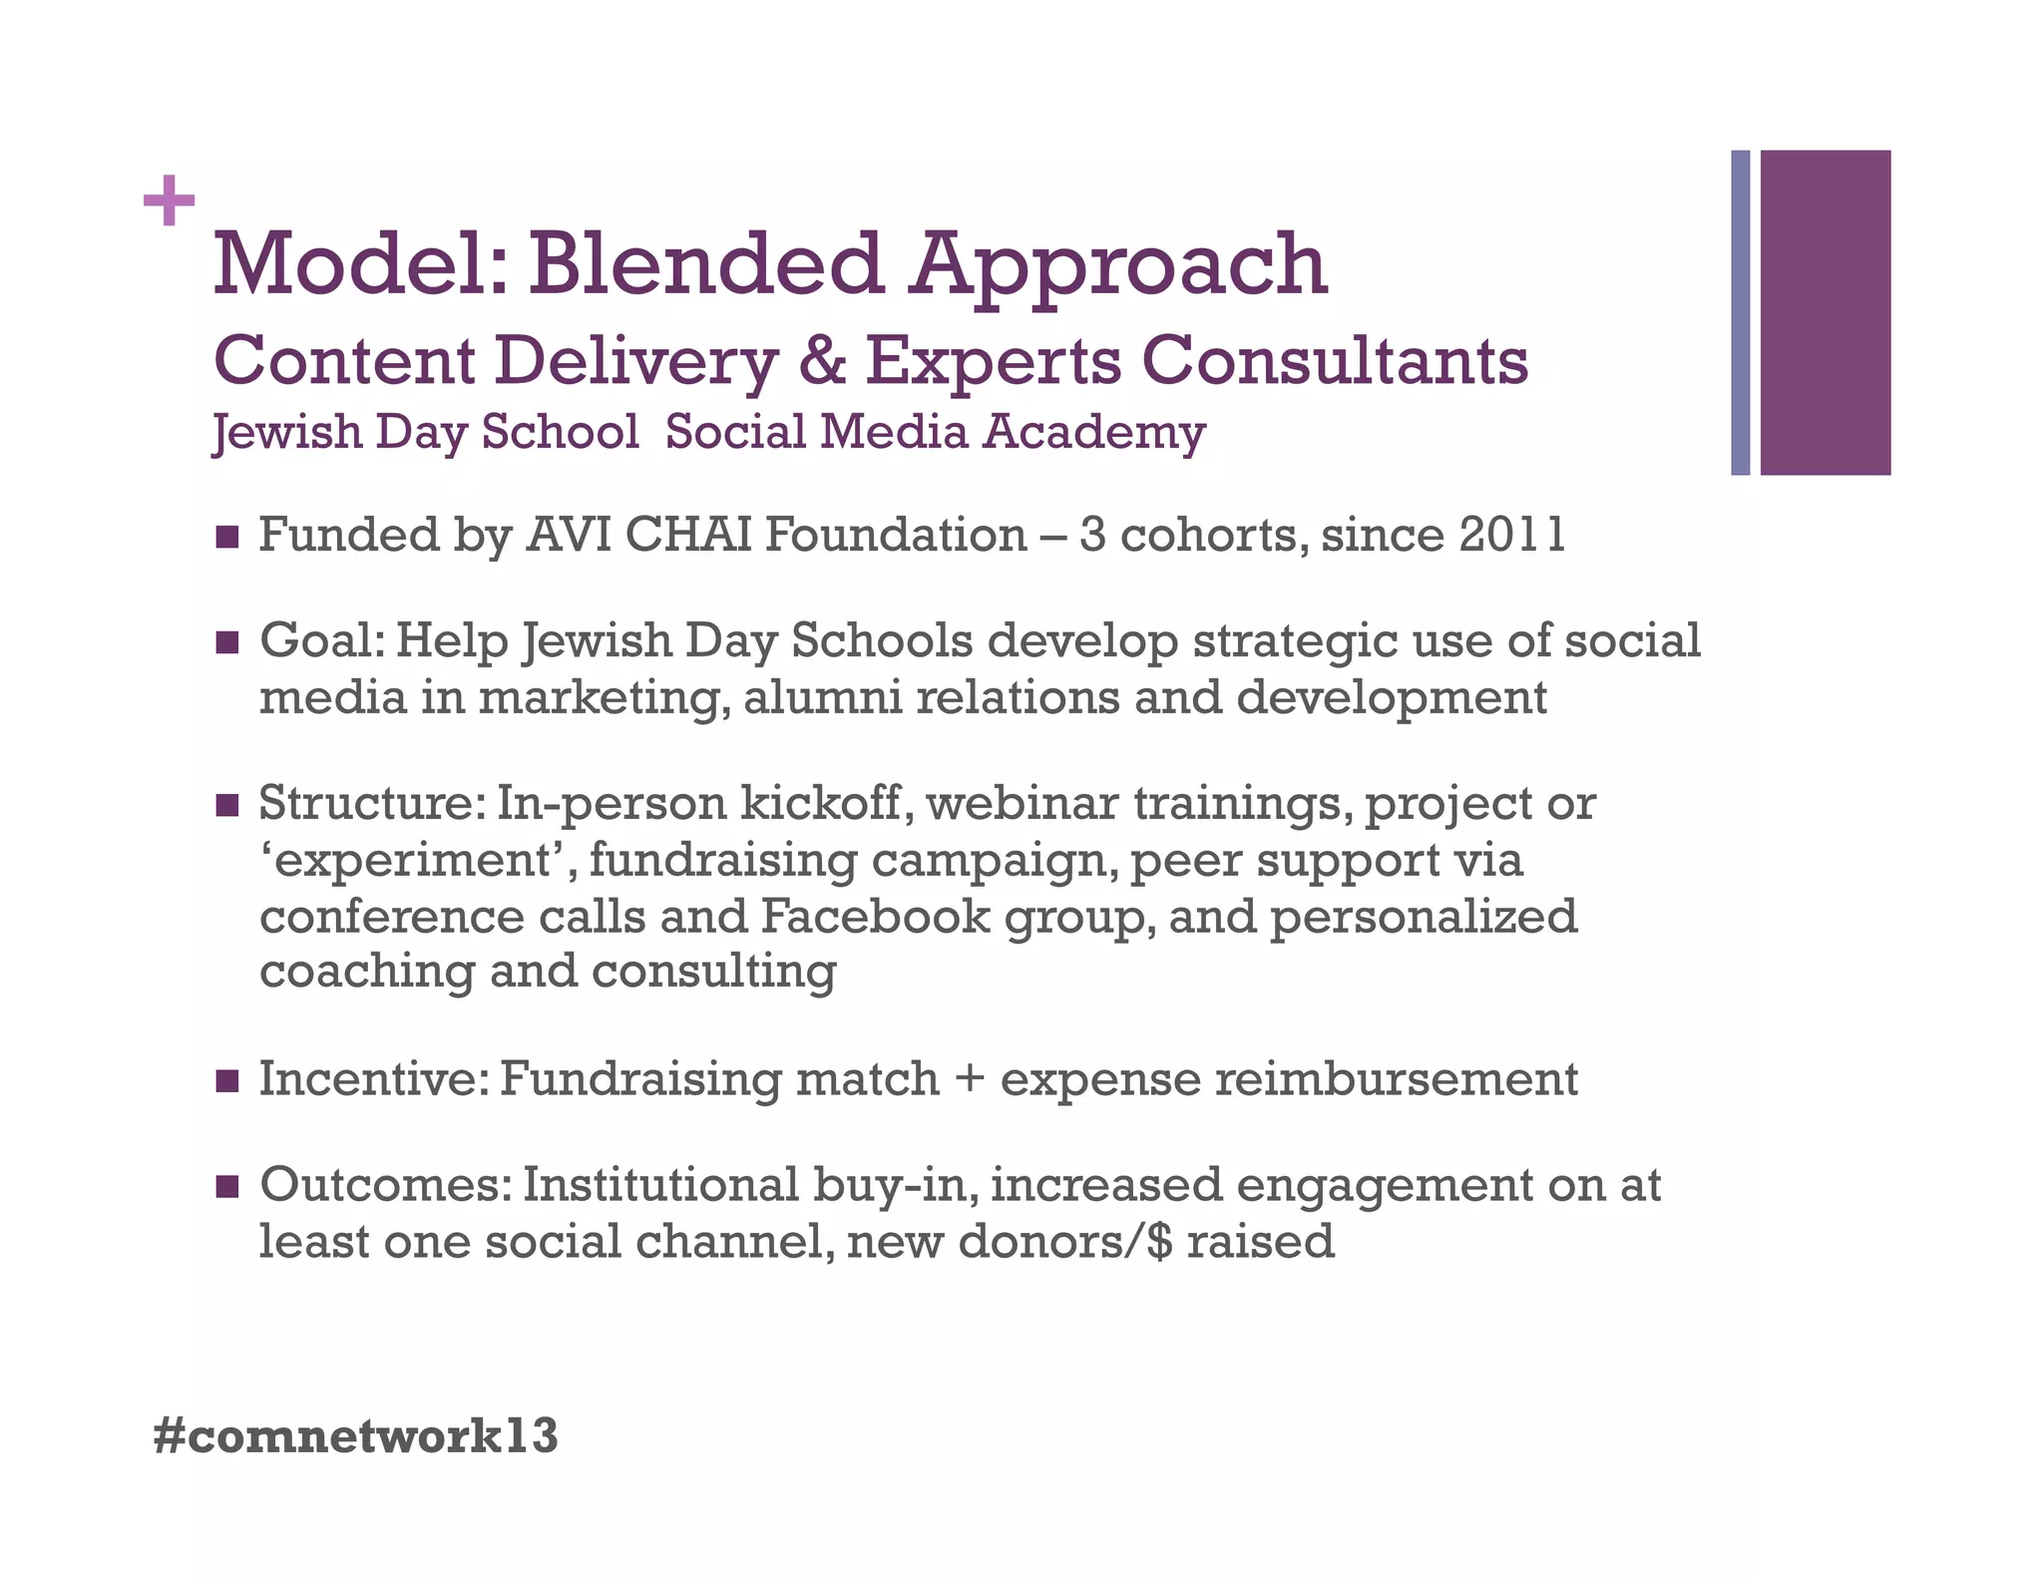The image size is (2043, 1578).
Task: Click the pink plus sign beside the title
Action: tap(169, 200)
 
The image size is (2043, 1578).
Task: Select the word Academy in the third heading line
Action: tap(1094, 433)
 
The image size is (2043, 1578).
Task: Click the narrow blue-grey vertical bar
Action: tap(1740, 312)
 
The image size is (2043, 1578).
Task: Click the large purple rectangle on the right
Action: tap(1825, 312)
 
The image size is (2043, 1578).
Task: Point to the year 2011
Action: tap(1512, 536)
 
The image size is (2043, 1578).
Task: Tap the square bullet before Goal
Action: tap(227, 642)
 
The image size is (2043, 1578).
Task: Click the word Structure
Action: tap(369, 804)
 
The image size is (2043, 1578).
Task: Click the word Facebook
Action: tap(875, 917)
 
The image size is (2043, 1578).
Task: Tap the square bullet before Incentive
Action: tap(227, 1080)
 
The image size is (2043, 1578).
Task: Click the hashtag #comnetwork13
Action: tap(356, 1436)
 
